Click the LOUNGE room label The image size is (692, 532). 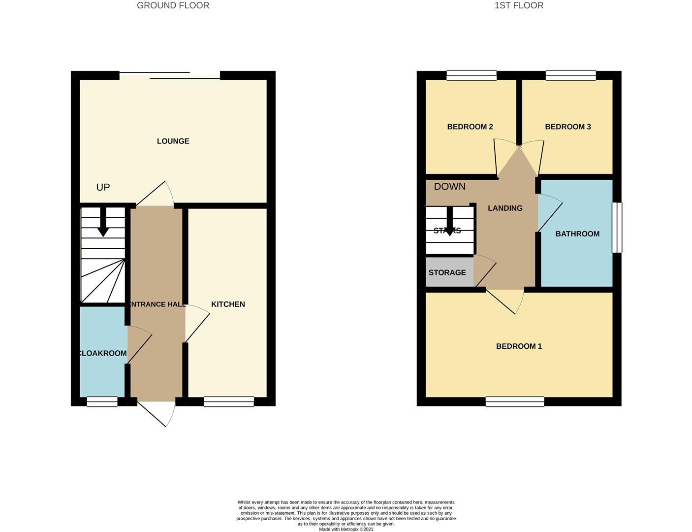pyautogui.click(x=173, y=141)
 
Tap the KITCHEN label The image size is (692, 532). pyautogui.click(x=228, y=304)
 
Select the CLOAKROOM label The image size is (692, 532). pyautogui.click(x=102, y=353)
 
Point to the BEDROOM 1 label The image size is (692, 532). pyautogui.click(x=519, y=346)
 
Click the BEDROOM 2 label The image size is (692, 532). pyautogui.click(x=470, y=127)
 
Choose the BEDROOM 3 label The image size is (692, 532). pyautogui.click(x=568, y=127)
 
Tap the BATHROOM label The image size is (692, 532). pyautogui.click(x=577, y=234)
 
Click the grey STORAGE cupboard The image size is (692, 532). pyautogui.click(x=449, y=272)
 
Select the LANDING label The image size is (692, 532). pyautogui.click(x=505, y=208)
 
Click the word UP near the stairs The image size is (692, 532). pyautogui.click(x=103, y=187)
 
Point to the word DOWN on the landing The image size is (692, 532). pyautogui.click(x=450, y=187)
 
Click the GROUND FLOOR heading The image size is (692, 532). pyautogui.click(x=173, y=5)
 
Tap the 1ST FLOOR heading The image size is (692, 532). pyautogui.click(x=519, y=5)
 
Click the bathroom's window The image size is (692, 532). pyautogui.click(x=617, y=228)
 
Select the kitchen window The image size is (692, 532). pyautogui.click(x=229, y=401)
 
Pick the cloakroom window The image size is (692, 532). pyautogui.click(x=102, y=401)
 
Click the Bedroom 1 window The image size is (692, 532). pyautogui.click(x=515, y=401)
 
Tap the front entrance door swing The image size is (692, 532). pyautogui.click(x=156, y=414)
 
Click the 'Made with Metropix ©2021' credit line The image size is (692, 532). pyautogui.click(x=346, y=530)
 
